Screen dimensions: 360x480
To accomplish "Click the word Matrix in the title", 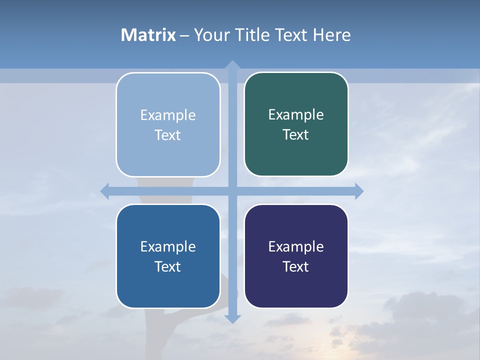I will click(148, 35).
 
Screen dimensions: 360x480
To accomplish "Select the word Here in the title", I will click(331, 35).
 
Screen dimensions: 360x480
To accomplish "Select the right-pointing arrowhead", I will click(359, 191).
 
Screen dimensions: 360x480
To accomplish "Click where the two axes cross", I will click(232, 191).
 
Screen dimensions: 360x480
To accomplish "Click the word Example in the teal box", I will click(296, 115).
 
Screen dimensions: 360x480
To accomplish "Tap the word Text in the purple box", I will click(296, 266).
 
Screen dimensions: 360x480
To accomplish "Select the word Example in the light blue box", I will click(168, 115).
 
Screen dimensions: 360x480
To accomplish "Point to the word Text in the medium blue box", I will click(168, 266).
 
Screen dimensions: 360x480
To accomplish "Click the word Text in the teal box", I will click(296, 135).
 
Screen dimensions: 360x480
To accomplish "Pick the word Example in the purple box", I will click(296, 246).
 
